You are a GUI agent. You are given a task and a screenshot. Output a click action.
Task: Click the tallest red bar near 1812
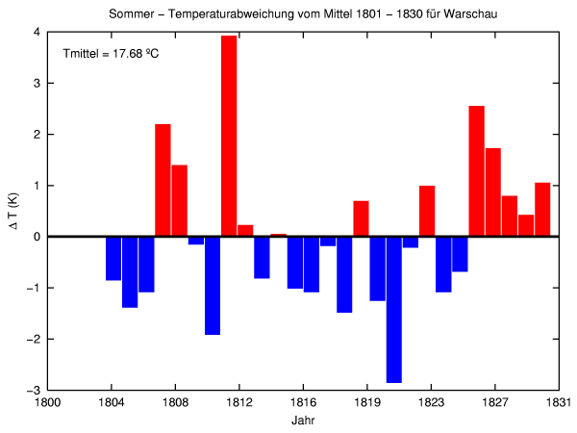[x=229, y=136]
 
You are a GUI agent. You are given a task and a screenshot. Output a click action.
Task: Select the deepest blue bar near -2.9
[x=393, y=309]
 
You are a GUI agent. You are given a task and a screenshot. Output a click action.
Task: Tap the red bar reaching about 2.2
[x=163, y=180]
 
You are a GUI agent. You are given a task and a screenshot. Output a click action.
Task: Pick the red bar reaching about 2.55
[x=476, y=170]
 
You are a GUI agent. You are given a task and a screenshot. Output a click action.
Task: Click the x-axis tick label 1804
[x=112, y=405]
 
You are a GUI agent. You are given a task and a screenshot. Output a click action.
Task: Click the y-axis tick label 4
[x=36, y=32]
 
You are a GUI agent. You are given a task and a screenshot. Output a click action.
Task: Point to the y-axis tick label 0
[x=36, y=237]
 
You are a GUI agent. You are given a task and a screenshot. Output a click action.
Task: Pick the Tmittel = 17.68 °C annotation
[x=110, y=53]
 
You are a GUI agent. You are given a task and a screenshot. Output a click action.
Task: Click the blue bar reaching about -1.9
[x=213, y=285]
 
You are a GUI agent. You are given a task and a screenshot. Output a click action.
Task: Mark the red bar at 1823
[x=427, y=211]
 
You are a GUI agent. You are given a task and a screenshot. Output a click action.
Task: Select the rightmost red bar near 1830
[x=542, y=209]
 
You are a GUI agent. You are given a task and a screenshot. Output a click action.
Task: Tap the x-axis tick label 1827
[x=495, y=405]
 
